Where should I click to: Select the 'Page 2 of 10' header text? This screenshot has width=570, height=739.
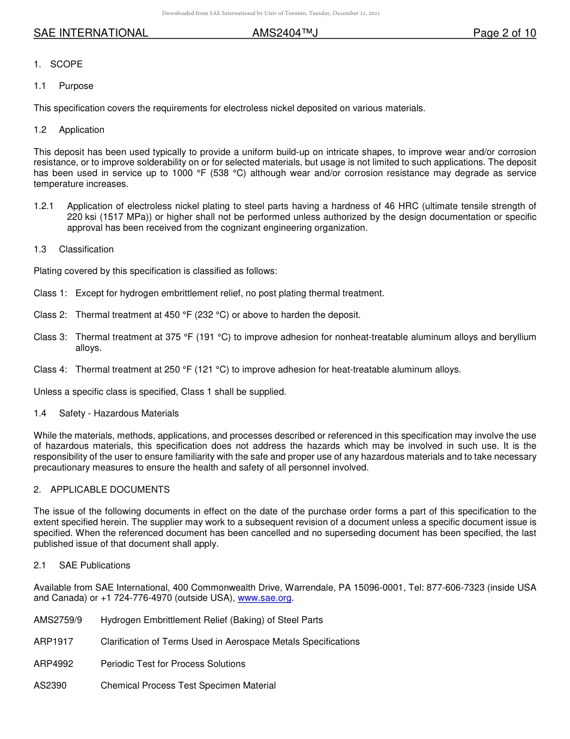pyautogui.click(x=504, y=33)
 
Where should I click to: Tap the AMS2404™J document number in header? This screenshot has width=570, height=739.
pyautogui.click(x=284, y=33)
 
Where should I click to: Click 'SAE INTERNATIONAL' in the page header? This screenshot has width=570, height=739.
pyautogui.click(x=91, y=33)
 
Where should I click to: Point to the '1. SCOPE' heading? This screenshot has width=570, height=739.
pyautogui.click(x=58, y=64)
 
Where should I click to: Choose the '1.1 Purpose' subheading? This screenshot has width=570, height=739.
pyautogui.click(x=64, y=86)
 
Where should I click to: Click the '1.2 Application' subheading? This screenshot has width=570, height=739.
pyautogui.click(x=69, y=130)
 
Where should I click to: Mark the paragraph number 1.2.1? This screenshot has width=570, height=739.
pyautogui.click(x=44, y=206)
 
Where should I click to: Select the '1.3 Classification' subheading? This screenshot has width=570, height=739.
pyautogui.click(x=74, y=249)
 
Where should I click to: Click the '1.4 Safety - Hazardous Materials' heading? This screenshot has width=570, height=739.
pyautogui.click(x=106, y=413)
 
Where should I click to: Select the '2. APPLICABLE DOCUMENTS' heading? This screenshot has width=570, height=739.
pyautogui.click(x=101, y=490)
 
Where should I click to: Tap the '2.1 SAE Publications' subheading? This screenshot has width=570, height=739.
pyautogui.click(x=82, y=565)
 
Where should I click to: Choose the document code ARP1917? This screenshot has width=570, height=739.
pyautogui.click(x=53, y=642)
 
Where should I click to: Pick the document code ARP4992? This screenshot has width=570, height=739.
pyautogui.click(x=53, y=664)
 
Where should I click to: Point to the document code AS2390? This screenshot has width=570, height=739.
pyautogui.click(x=50, y=686)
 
